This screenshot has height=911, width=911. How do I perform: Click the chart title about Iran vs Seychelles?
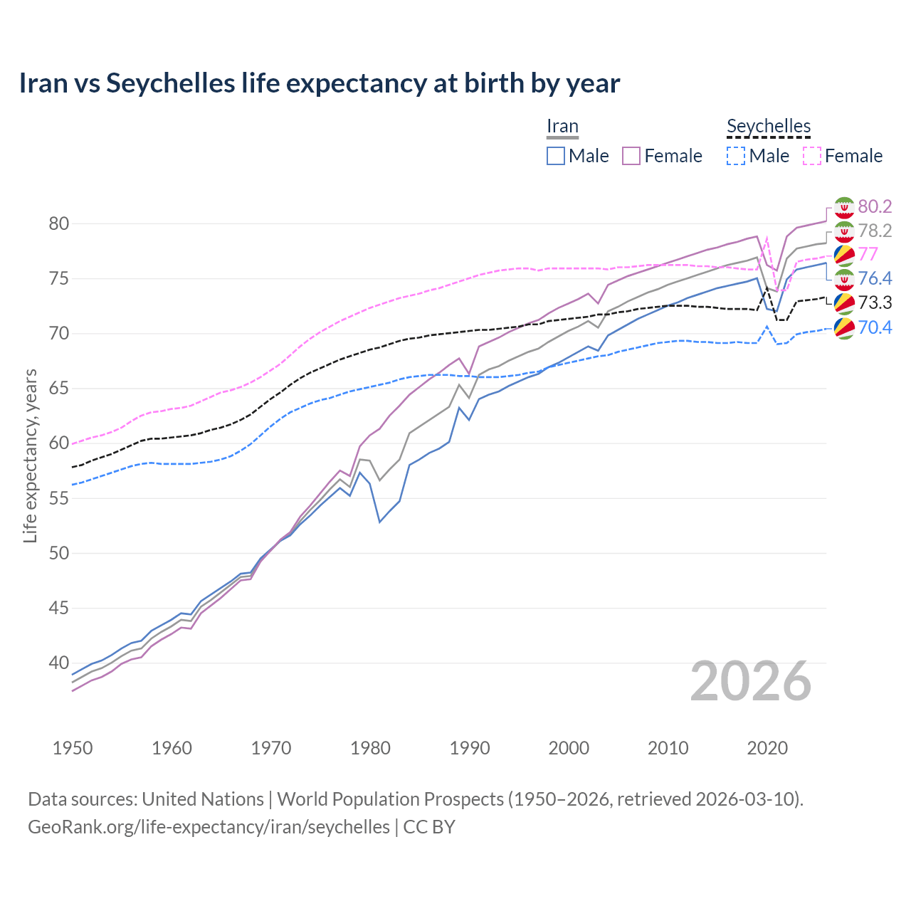pyautogui.click(x=320, y=83)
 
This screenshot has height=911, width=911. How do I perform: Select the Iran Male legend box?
pyautogui.click(x=556, y=156)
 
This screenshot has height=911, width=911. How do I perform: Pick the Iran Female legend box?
pyautogui.click(x=631, y=156)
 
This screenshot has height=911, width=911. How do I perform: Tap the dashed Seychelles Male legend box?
pyautogui.click(x=736, y=156)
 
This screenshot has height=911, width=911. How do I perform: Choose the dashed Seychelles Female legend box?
pyautogui.click(x=811, y=156)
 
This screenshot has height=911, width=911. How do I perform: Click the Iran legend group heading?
pyautogui.click(x=562, y=127)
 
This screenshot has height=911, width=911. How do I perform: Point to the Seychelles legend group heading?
pyautogui.click(x=769, y=127)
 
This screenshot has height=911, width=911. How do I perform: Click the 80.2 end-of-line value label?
pyautogui.click(x=875, y=206)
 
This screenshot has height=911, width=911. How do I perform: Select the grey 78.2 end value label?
pyautogui.click(x=875, y=231)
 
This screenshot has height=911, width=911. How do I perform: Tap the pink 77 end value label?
pyautogui.click(x=868, y=254)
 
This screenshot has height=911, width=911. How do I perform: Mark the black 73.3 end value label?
pyautogui.click(x=875, y=302)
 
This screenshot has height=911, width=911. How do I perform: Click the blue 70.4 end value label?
pyautogui.click(x=875, y=327)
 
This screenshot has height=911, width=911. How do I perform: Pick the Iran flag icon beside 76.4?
pyautogui.click(x=844, y=279)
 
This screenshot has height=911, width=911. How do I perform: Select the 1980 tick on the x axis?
pyautogui.click(x=371, y=748)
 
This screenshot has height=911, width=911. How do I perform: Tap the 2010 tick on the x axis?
pyautogui.click(x=668, y=748)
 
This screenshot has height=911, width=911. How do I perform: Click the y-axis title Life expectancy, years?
pyautogui.click(x=30, y=455)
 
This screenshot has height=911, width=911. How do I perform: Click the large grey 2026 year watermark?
pyautogui.click(x=751, y=682)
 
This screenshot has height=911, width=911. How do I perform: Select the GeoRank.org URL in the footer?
pyautogui.click(x=209, y=827)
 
